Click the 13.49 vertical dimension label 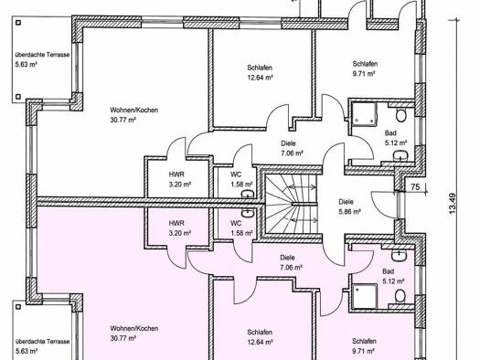click(453, 203)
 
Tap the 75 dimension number click(415, 186)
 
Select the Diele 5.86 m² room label click(349, 206)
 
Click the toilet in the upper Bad click(400, 115)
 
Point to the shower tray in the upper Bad click(365, 114)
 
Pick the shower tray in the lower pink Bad click(365, 296)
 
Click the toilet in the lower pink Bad click(400, 296)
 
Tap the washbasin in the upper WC click(247, 195)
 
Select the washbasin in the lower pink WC click(248, 214)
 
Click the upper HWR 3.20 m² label click(180, 179)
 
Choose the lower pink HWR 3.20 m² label click(180, 228)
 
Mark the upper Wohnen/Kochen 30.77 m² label click(134, 115)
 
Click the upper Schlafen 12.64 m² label click(260, 72)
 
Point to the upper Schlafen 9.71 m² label click(365, 69)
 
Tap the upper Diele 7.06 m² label click(292, 148)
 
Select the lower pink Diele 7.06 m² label click(291, 263)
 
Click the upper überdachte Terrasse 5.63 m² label click(43, 59)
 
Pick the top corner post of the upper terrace click(18, 22)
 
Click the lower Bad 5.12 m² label click(393, 276)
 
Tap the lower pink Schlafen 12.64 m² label click(260, 337)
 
